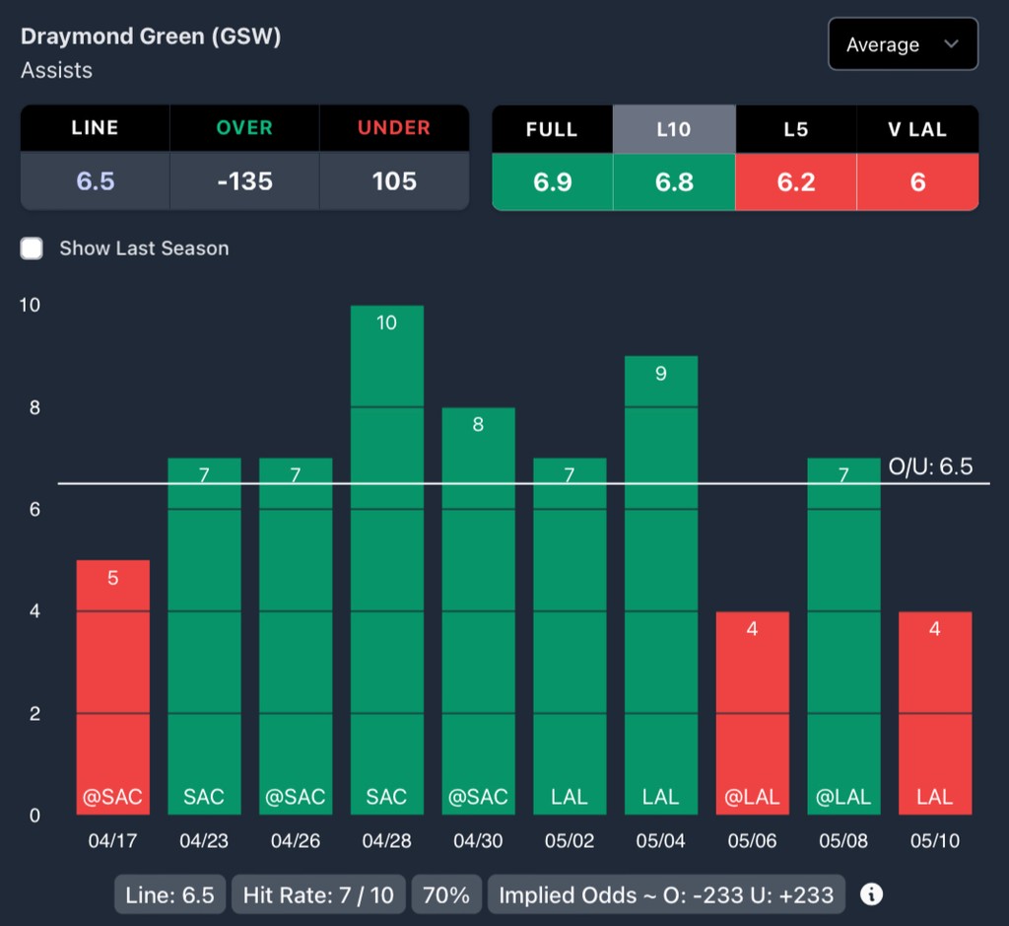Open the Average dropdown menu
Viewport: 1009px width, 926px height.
point(903,44)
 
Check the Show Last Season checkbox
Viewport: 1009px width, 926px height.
point(33,249)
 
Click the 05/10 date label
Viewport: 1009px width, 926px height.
point(935,841)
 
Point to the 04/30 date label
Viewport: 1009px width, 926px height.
point(478,841)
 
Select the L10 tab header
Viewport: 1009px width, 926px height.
point(674,129)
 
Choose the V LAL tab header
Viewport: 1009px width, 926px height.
point(917,129)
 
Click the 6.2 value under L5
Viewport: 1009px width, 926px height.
point(796,182)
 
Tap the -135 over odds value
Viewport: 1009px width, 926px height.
point(244,181)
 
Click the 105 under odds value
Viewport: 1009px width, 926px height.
point(394,181)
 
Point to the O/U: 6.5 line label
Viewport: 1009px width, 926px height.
point(930,466)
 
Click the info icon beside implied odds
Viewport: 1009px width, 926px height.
point(871,894)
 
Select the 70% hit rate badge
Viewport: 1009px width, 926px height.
point(446,894)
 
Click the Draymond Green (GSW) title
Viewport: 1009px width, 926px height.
point(151,36)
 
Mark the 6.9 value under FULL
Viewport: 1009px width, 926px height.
point(552,182)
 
